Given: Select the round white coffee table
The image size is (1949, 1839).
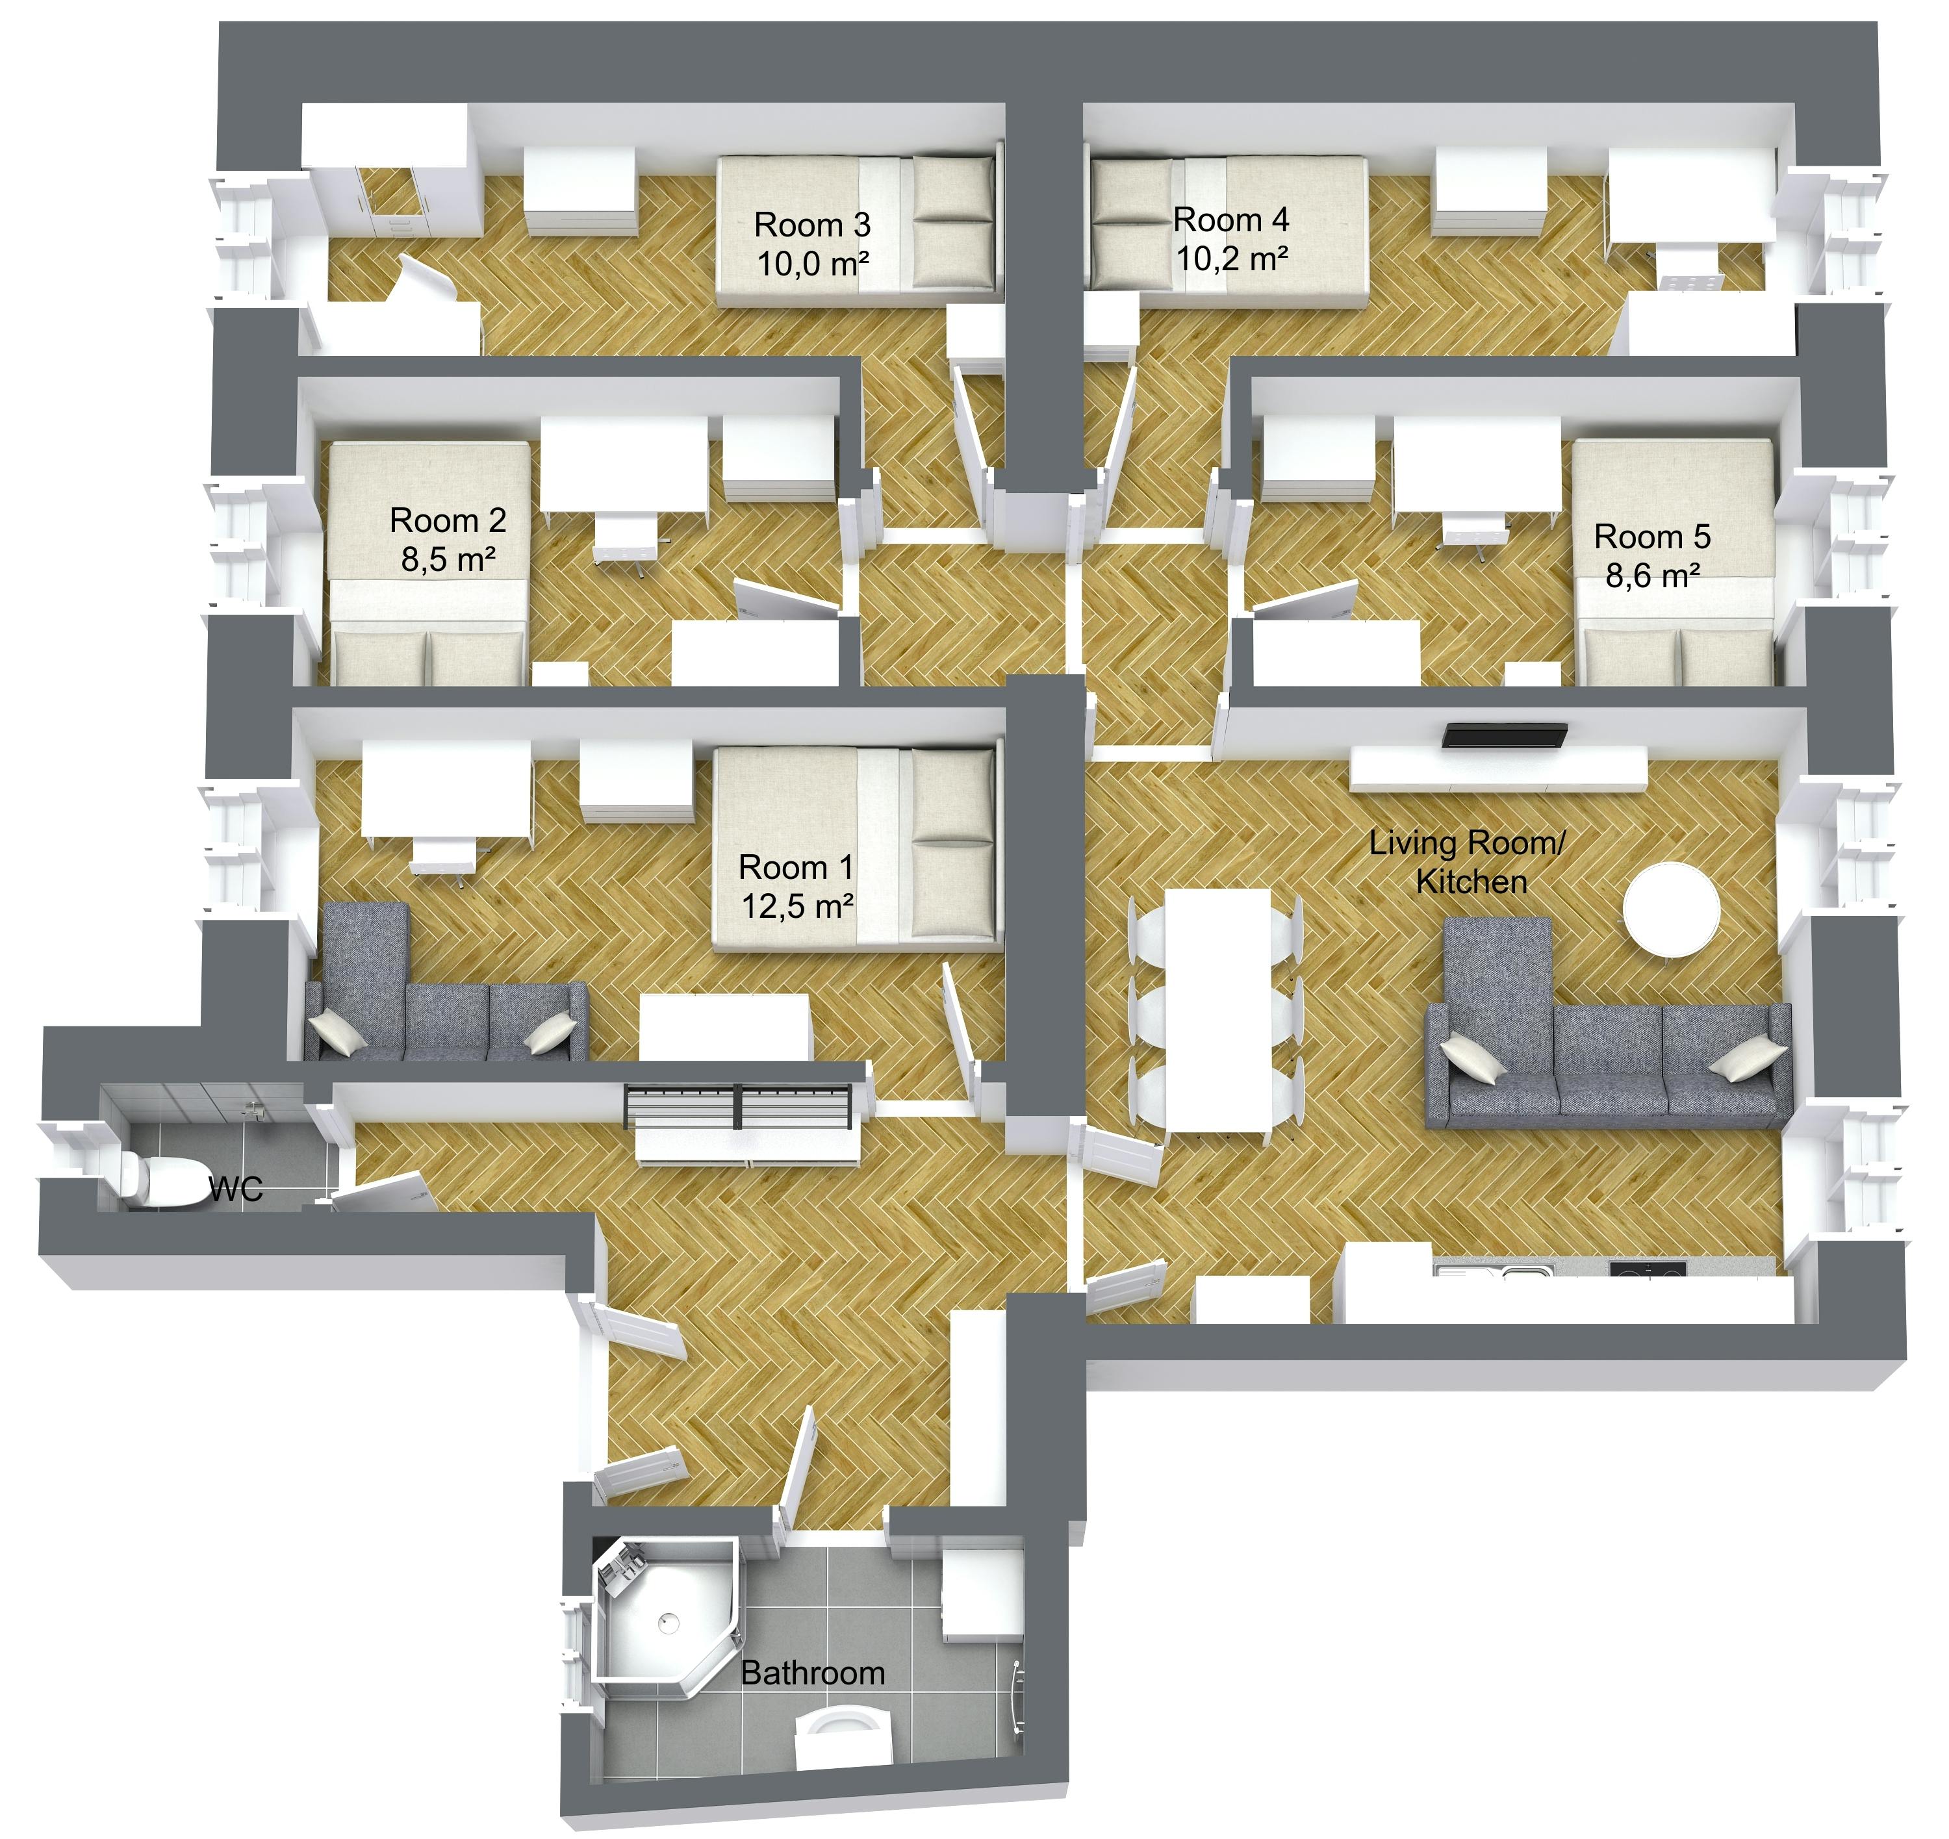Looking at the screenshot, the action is [x=1672, y=909].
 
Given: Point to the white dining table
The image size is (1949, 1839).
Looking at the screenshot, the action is [x=1217, y=1009].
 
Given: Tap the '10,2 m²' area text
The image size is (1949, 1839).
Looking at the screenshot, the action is [x=1232, y=259].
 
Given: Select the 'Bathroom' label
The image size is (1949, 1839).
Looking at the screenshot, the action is [x=813, y=1672].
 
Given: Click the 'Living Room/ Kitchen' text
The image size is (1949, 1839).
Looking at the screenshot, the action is [x=1468, y=861].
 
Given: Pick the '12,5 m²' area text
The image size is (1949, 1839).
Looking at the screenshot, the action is [x=797, y=906].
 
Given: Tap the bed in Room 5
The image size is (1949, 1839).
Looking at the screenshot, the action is [x=1674, y=562].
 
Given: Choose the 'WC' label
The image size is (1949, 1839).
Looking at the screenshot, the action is [x=236, y=1189].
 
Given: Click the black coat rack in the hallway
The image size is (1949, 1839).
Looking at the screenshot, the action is [x=737, y=1106].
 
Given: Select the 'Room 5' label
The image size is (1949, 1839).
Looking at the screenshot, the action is [x=1652, y=536].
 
